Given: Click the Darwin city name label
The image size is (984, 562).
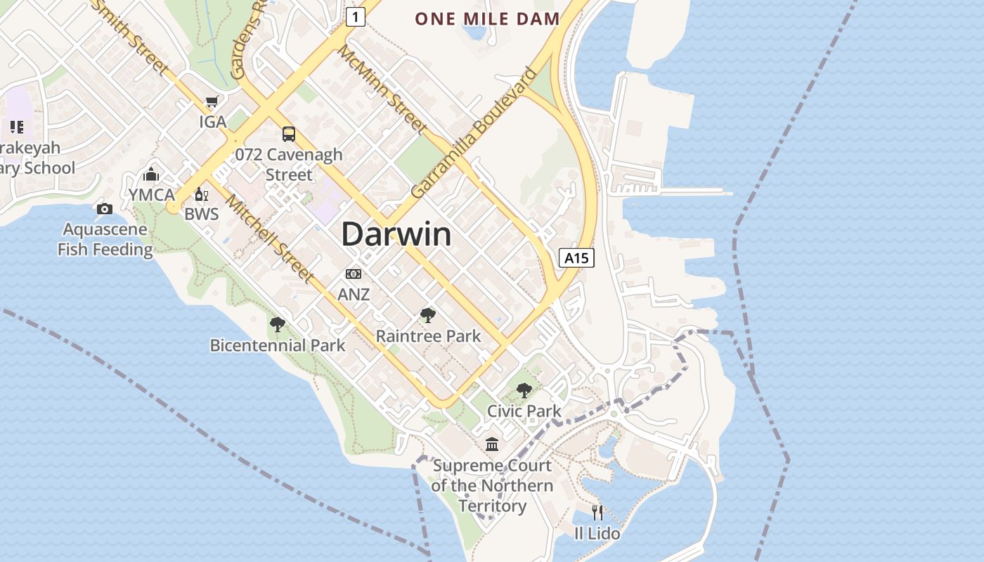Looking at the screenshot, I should [x=396, y=234].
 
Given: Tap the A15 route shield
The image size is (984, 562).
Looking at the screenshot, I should [x=576, y=258].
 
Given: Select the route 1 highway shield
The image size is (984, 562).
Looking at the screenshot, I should [x=355, y=16].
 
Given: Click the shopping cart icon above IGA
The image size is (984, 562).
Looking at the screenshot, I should [x=212, y=101].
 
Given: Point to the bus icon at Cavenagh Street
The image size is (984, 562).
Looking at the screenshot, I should [x=288, y=133].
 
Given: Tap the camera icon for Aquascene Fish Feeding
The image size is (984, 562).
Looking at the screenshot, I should [x=104, y=209].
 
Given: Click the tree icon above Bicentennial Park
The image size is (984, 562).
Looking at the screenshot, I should [x=278, y=324].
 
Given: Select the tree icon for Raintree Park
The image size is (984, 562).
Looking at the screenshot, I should [x=427, y=315].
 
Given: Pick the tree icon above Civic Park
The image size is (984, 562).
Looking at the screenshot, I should [x=524, y=391].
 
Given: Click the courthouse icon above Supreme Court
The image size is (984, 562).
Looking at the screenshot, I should [x=492, y=444].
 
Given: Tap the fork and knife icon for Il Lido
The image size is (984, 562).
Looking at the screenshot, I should [x=597, y=512].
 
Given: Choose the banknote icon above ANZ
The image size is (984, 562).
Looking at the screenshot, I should [x=353, y=273].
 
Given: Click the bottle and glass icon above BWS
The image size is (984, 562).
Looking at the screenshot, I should [x=201, y=194].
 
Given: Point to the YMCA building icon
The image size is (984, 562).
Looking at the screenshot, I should [x=151, y=174].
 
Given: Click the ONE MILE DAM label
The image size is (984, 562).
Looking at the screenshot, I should [x=487, y=19].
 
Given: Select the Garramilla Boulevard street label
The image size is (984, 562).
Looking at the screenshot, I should [x=473, y=132].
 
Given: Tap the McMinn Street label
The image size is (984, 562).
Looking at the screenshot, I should [x=382, y=89].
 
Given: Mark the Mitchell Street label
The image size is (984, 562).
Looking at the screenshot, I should [x=269, y=238].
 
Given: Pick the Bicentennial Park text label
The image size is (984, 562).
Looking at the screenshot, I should [x=278, y=346].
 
